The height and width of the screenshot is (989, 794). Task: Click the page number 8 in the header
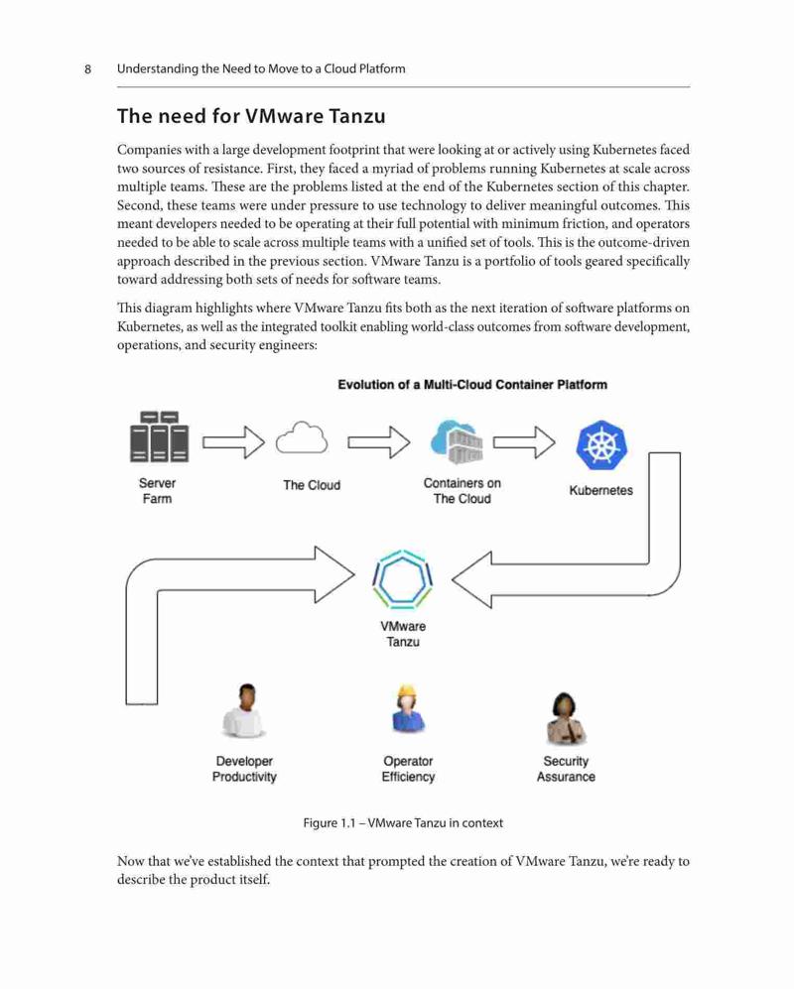87,68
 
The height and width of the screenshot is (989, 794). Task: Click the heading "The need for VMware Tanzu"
251,116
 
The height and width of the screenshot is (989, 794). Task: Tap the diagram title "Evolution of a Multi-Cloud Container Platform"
472,385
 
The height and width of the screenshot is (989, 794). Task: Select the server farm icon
159,436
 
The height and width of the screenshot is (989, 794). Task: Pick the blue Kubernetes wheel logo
600,445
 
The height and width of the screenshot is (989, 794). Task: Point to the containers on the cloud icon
457,441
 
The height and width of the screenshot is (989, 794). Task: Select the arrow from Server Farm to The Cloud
233,442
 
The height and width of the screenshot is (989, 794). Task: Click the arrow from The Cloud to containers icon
379,442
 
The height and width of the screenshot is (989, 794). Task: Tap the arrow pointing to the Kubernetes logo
524,442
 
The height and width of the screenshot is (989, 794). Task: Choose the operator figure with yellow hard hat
408,709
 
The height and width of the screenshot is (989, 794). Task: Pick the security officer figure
566,718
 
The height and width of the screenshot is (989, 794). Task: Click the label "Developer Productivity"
244,769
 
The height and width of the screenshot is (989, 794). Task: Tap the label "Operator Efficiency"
408,769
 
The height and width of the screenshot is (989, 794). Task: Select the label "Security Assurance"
566,769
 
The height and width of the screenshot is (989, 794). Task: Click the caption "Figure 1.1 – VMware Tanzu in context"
403,823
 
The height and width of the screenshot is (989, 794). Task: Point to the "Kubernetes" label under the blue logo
600,491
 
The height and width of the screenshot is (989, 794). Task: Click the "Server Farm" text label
157,491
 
